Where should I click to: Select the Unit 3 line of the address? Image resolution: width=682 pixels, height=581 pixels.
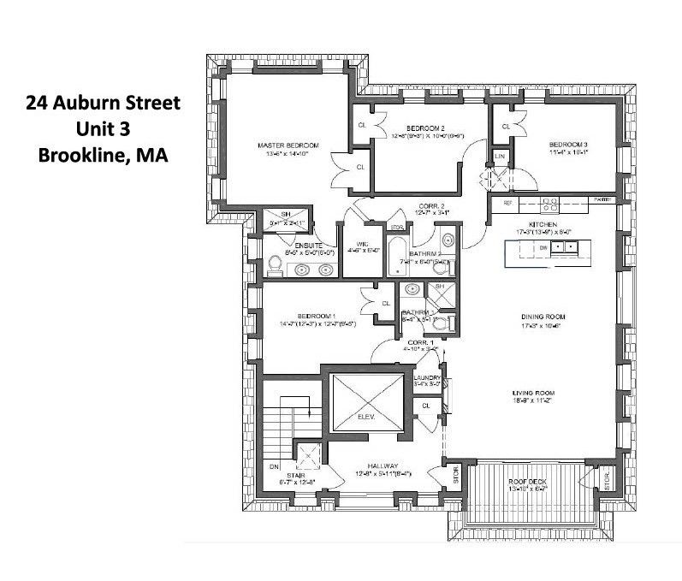[x=102, y=129]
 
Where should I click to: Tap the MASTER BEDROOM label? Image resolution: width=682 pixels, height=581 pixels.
[x=282, y=146]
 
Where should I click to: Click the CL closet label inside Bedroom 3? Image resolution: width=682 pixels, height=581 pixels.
[x=506, y=127]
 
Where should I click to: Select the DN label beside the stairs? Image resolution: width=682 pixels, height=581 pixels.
[x=275, y=467]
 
